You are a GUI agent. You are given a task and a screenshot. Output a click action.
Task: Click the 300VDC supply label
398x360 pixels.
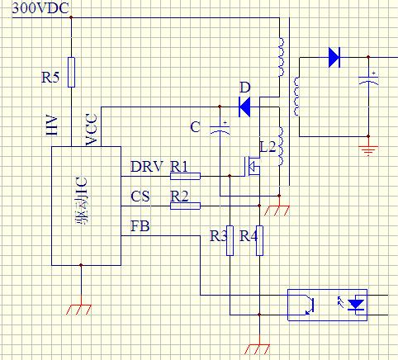(40, 8)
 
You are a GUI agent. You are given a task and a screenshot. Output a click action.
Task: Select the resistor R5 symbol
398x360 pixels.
(71, 72)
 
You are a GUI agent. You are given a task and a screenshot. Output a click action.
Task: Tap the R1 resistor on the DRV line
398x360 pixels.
(185, 176)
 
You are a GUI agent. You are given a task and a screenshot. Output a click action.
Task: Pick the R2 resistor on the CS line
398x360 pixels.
(185, 206)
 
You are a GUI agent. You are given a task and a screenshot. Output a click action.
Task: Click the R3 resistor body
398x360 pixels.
(230, 240)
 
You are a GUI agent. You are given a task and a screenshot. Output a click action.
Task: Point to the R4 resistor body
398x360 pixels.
(259, 240)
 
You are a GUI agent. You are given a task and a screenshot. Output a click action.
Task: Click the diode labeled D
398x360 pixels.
(244, 107)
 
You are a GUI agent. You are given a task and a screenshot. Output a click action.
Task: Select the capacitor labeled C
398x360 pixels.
(220, 129)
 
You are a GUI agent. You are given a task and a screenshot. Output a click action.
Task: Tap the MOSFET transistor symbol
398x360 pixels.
(251, 166)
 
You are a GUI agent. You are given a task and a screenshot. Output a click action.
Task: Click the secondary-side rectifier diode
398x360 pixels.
(334, 57)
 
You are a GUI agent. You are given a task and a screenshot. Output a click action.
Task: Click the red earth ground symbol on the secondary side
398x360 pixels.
(368, 150)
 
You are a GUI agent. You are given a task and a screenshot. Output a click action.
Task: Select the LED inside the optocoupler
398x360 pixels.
(356, 305)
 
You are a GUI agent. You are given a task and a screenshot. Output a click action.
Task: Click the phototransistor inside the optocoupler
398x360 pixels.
(309, 305)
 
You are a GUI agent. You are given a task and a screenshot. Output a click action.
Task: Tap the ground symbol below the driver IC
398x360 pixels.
(78, 310)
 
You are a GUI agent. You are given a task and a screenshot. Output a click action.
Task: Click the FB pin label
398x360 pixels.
(140, 226)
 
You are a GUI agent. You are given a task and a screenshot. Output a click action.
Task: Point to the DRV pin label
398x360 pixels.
(147, 166)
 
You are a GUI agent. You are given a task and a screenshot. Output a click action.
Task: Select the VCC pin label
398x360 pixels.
(92, 129)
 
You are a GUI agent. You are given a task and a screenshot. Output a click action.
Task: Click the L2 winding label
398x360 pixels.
(268, 147)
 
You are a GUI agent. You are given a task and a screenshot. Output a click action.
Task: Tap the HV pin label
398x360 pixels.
(52, 126)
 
